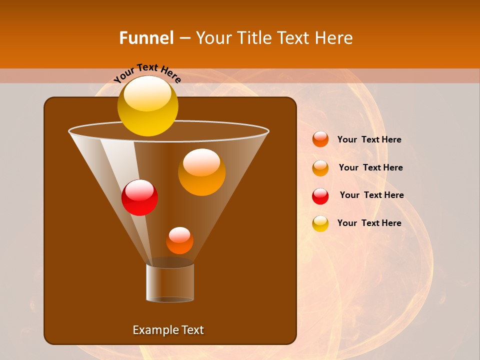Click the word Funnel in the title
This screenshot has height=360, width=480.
pos(146,38)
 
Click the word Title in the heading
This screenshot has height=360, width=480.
pos(253,38)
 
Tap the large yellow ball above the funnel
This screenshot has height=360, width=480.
pos(147,106)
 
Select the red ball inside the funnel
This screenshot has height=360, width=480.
pos(139,197)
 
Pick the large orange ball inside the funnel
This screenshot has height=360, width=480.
pos(201,172)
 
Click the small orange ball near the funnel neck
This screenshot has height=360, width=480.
pos(179,240)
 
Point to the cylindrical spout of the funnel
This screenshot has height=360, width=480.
pos(170,282)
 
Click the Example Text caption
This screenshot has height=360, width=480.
pos(168,330)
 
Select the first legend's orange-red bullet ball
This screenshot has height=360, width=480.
pos(320,139)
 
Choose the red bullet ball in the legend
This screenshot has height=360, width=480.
pos(320,196)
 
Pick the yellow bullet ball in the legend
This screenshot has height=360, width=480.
pos(320,223)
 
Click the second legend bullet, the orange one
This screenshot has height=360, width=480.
pos(320,168)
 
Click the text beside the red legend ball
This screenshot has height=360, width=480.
pos(371,195)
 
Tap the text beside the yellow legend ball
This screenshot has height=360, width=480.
pos(369,223)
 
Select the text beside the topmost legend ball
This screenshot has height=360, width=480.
pos(369,139)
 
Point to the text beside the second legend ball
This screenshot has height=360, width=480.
pos(370,167)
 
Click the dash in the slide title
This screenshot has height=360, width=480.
pos(184,38)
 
